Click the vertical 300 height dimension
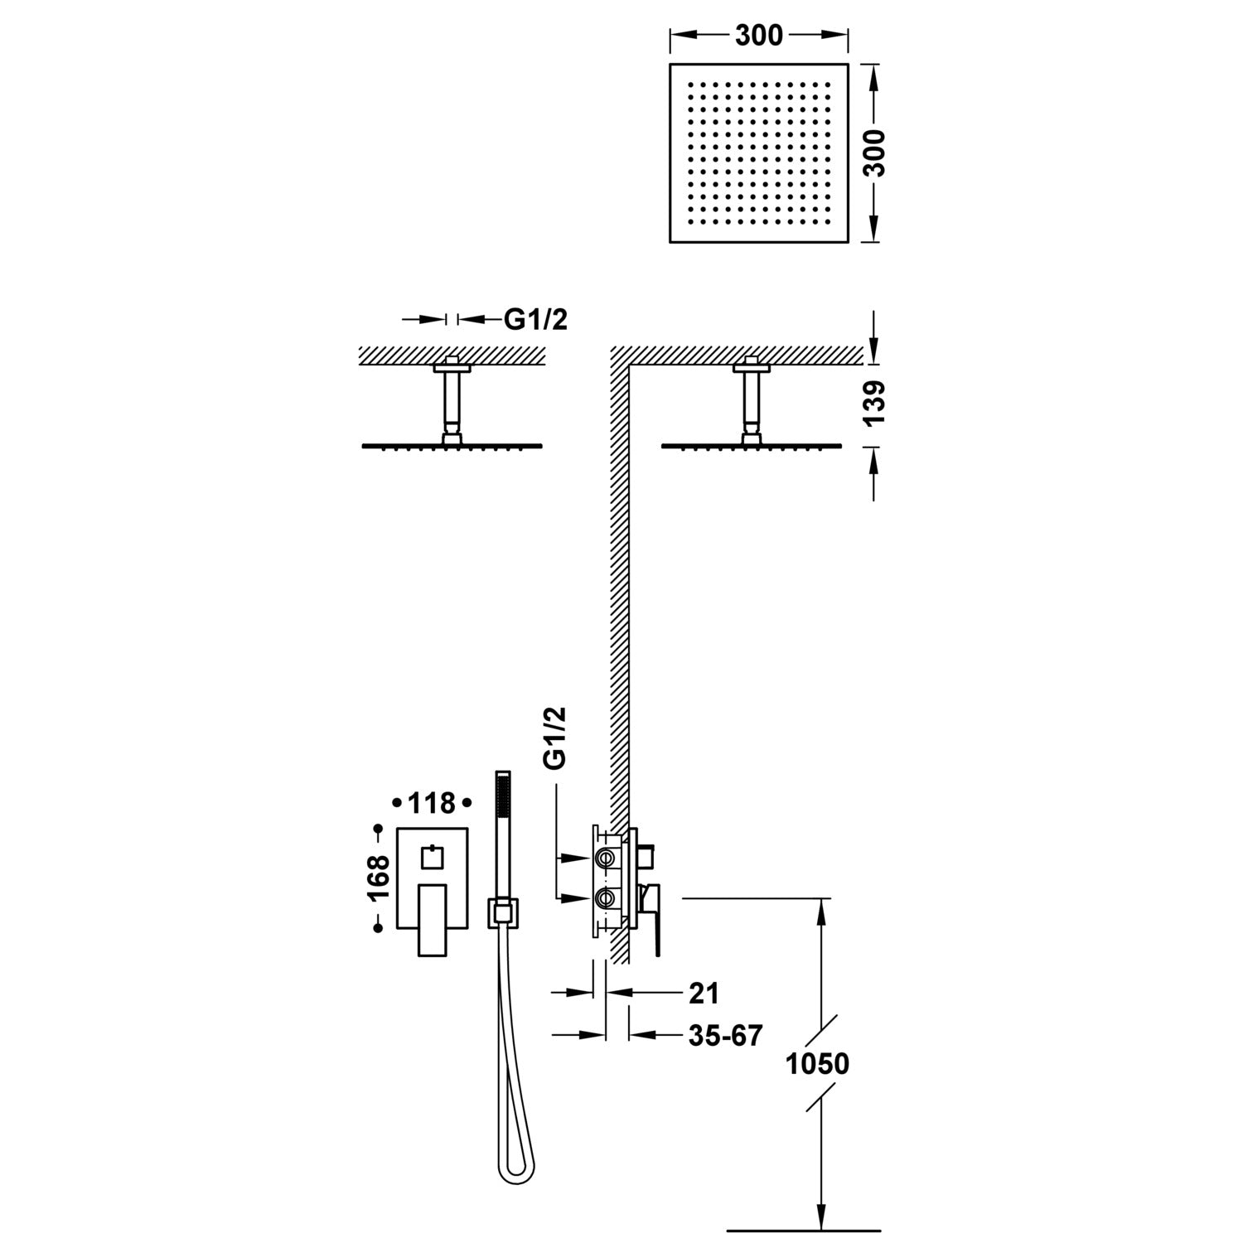(877, 152)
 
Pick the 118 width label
(432, 803)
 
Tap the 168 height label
(379, 878)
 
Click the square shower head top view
(758, 152)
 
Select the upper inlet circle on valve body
(606, 858)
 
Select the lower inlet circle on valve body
(606, 897)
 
